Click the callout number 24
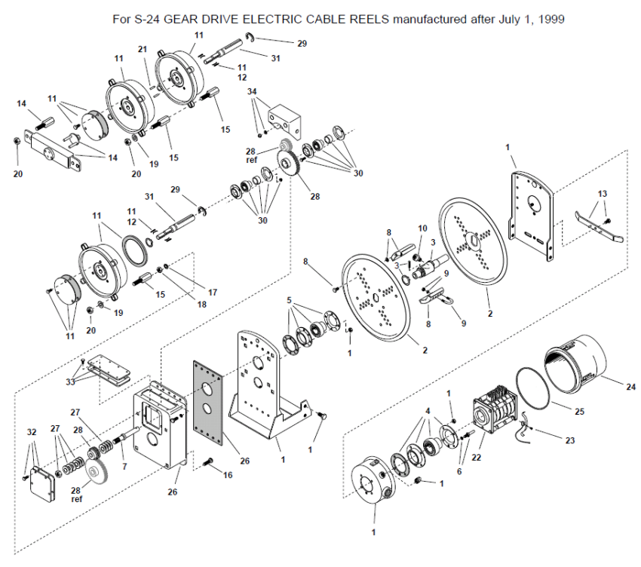pos(630,386)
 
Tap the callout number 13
pos(603,193)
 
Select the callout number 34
pos(252,91)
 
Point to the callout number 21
pos(143,49)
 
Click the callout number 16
pos(228,474)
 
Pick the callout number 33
pos(70,382)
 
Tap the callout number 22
pos(477,458)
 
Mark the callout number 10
pos(422,228)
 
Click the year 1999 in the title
pos(551,19)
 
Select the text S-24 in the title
pos(146,19)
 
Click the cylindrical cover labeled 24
pos(575,364)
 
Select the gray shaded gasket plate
pos(208,403)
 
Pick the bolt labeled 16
pos(208,461)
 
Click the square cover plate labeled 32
pos(42,484)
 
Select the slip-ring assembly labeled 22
pos(495,409)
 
